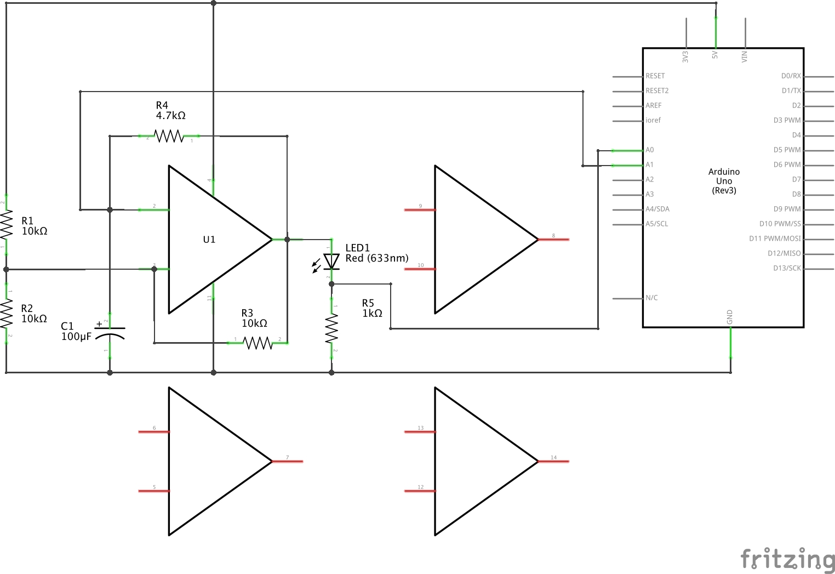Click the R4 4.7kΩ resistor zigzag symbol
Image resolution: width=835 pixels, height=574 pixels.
click(x=169, y=135)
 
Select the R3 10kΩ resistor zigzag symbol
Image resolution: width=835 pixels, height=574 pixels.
click(x=258, y=343)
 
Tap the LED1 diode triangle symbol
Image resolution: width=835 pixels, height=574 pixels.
click(x=331, y=262)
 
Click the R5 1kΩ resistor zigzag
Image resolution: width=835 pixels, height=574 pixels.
click(x=331, y=328)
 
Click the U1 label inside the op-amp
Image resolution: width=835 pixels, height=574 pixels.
click(x=209, y=240)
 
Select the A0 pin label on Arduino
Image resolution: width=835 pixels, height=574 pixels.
click(x=650, y=150)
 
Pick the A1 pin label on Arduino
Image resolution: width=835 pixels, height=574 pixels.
click(x=650, y=164)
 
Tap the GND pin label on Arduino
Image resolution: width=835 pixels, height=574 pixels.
click(x=730, y=316)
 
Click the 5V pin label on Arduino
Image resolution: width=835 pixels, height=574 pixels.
click(x=715, y=55)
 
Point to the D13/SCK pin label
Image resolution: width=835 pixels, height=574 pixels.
click(x=787, y=268)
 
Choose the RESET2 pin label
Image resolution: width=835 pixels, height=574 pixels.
click(x=657, y=90)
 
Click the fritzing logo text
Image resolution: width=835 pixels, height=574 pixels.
click(x=787, y=559)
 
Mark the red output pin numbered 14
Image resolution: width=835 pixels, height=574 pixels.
click(x=553, y=462)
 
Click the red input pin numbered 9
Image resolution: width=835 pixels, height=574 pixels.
click(x=420, y=210)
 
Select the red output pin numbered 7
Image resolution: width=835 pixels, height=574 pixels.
click(x=287, y=462)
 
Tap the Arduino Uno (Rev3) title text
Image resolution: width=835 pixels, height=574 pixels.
click(x=724, y=181)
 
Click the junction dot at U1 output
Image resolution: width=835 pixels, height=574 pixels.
click(x=287, y=240)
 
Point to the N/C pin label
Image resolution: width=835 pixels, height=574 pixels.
click(x=651, y=298)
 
